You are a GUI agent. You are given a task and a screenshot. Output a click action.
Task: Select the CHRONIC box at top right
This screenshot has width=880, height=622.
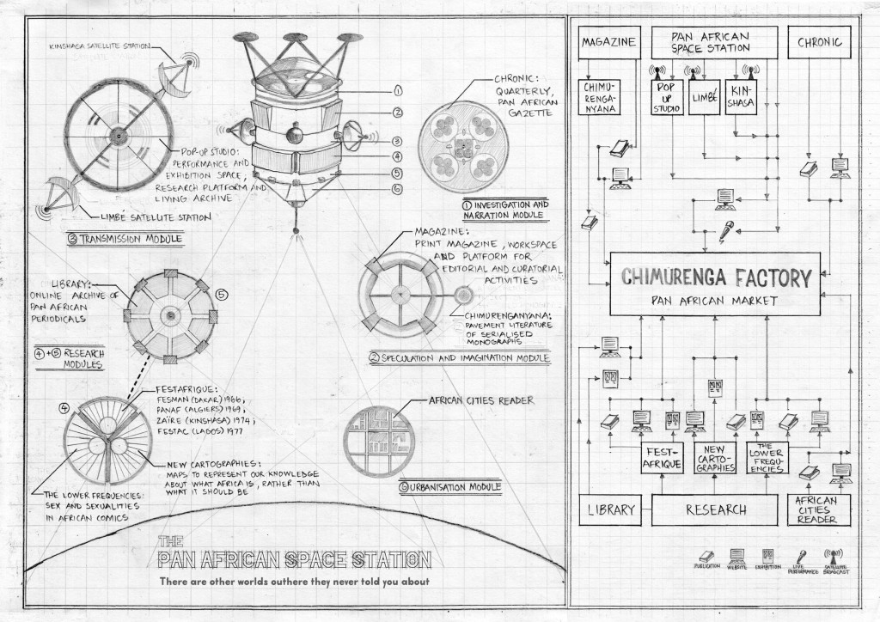point(819,41)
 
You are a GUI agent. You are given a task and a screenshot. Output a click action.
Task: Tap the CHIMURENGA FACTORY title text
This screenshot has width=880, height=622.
point(715,277)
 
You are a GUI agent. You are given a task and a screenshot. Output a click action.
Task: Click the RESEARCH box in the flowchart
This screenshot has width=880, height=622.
point(715,509)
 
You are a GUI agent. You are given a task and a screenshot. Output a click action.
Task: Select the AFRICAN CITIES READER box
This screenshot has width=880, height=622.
point(818,509)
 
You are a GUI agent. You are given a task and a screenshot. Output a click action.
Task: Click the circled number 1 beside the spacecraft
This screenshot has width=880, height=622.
point(397,89)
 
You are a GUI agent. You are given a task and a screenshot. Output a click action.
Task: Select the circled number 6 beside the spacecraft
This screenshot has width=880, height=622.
point(397,189)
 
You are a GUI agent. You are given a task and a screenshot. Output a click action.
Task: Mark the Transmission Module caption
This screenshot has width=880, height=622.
point(119,240)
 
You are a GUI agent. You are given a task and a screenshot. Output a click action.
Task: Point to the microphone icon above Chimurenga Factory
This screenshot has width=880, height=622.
point(728,230)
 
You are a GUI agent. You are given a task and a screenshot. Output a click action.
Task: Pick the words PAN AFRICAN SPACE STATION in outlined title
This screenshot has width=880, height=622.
point(295,560)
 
